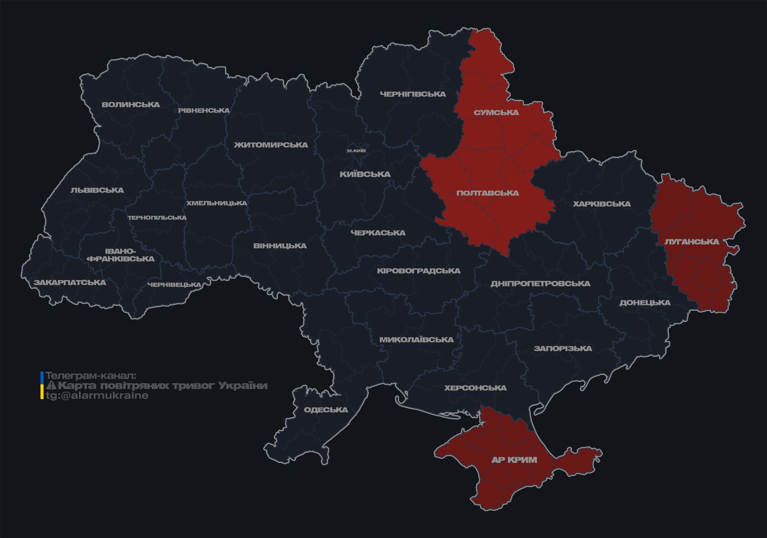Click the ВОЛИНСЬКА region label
131,105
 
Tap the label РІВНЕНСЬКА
204,110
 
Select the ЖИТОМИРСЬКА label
271,145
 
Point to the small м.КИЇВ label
356,151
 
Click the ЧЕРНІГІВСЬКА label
412,94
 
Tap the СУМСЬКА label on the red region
496,113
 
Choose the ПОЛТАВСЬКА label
488,193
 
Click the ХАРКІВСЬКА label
602,204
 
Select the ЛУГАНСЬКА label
692,242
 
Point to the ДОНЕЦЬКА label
645,303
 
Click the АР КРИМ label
514,460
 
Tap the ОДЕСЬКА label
326,410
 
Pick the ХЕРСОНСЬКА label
475,388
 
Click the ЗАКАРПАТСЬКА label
70,282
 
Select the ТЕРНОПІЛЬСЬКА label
157,218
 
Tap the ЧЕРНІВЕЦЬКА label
174,285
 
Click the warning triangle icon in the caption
51,386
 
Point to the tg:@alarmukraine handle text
97,396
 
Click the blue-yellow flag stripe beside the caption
42,386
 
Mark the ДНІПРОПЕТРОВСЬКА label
540,284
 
